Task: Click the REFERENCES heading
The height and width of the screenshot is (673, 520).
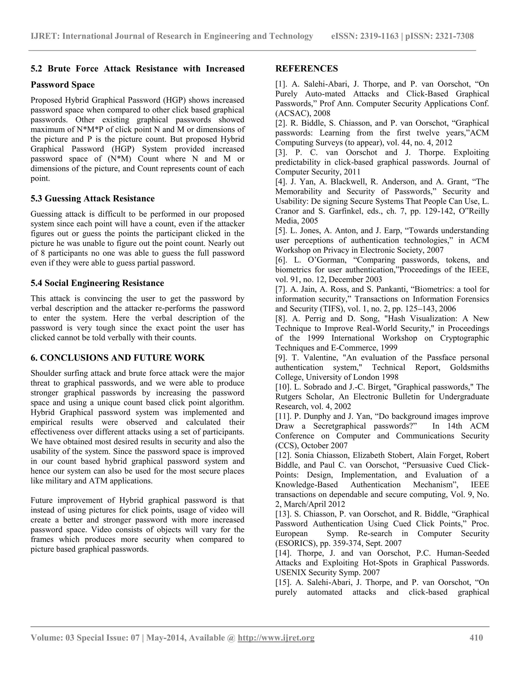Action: (306, 69)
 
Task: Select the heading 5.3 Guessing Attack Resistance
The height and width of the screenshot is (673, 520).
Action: (92, 198)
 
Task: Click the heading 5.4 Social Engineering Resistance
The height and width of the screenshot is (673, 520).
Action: (97, 283)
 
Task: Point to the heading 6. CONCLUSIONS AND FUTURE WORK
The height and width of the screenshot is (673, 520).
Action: (117, 358)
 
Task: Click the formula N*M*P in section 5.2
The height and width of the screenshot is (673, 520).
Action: (90, 130)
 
